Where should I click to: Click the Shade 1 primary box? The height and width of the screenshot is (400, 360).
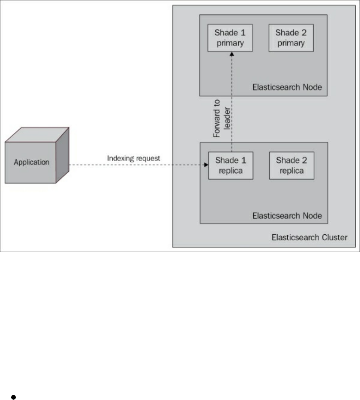(x=230, y=38)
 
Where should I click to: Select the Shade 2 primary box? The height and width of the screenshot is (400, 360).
(x=290, y=38)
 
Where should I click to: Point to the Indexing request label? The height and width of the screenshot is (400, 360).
(x=133, y=158)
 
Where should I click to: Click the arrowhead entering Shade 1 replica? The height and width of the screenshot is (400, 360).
(x=206, y=164)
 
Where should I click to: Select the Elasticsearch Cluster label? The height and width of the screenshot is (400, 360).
(x=309, y=237)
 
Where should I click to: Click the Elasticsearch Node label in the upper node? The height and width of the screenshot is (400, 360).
(x=287, y=87)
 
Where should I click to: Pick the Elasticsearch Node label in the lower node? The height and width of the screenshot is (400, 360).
(x=287, y=216)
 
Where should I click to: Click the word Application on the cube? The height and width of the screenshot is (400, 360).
(x=32, y=162)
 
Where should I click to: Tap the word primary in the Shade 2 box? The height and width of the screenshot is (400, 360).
(x=290, y=43)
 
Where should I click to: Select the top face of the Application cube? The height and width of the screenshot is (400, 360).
(x=38, y=135)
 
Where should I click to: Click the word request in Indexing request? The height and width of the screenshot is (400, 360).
(x=147, y=158)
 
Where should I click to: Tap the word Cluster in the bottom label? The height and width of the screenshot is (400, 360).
(x=334, y=237)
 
